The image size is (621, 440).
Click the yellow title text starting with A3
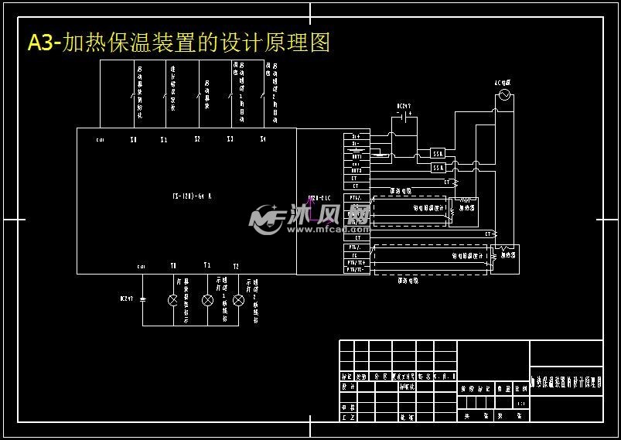pos(179,43)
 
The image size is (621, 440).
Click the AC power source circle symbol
pos(507,95)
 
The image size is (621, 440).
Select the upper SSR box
pos(438,153)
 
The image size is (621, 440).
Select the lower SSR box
pos(438,167)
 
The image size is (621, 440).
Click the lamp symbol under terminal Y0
pos(173,299)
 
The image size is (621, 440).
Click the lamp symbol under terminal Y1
pos(206,299)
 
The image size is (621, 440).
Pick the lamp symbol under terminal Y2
pos(238,299)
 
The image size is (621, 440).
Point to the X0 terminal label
pos(133,140)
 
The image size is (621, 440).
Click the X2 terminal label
pos(197,140)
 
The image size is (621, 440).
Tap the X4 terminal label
pos(263,140)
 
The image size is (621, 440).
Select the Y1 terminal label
pos(206,265)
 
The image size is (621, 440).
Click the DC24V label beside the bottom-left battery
pos(127,298)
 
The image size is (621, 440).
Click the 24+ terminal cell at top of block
pos(356,137)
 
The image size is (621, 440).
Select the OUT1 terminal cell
pos(356,157)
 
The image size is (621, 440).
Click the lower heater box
pos(508,253)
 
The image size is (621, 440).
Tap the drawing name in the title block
pos(566,381)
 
